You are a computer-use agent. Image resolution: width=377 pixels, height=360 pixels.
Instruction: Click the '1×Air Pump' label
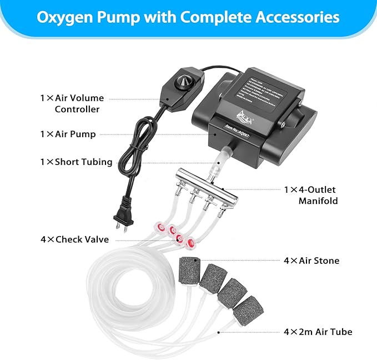click(68, 134)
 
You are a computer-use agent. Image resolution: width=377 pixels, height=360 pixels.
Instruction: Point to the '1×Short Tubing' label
click(76, 162)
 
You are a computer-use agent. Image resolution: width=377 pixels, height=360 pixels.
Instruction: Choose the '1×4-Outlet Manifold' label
click(310, 194)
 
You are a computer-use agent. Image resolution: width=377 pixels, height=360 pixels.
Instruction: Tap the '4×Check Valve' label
click(74, 239)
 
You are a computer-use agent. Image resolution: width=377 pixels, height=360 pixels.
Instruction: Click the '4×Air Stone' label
click(311, 260)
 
